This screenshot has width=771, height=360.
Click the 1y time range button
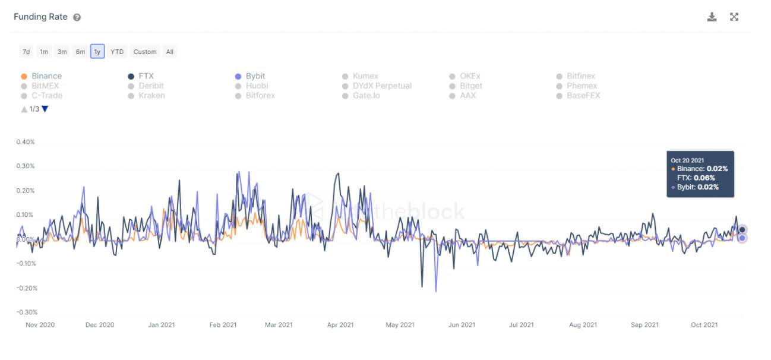(97, 52)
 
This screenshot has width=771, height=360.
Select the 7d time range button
(26, 52)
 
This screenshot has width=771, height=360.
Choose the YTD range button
(117, 52)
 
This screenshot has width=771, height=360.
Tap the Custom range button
(145, 52)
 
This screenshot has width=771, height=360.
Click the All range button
(170, 52)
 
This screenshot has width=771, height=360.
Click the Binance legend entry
(46, 76)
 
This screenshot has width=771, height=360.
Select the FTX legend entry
(147, 76)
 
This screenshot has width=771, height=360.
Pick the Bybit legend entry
(255, 76)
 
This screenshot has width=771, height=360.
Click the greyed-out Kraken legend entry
(151, 95)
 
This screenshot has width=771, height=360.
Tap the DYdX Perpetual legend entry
(381, 86)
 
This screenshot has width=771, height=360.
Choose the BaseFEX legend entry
(583, 95)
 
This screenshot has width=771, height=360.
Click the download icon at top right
(712, 17)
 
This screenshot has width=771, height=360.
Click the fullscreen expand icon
(734, 17)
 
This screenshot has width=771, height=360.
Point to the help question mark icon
(77, 17)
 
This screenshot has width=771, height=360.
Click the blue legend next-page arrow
(45, 109)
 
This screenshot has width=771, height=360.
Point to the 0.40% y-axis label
(26, 142)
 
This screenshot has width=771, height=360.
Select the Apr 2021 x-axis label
(340, 325)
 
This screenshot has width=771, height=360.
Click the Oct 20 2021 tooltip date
(687, 160)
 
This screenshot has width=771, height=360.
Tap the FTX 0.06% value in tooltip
(703, 178)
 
